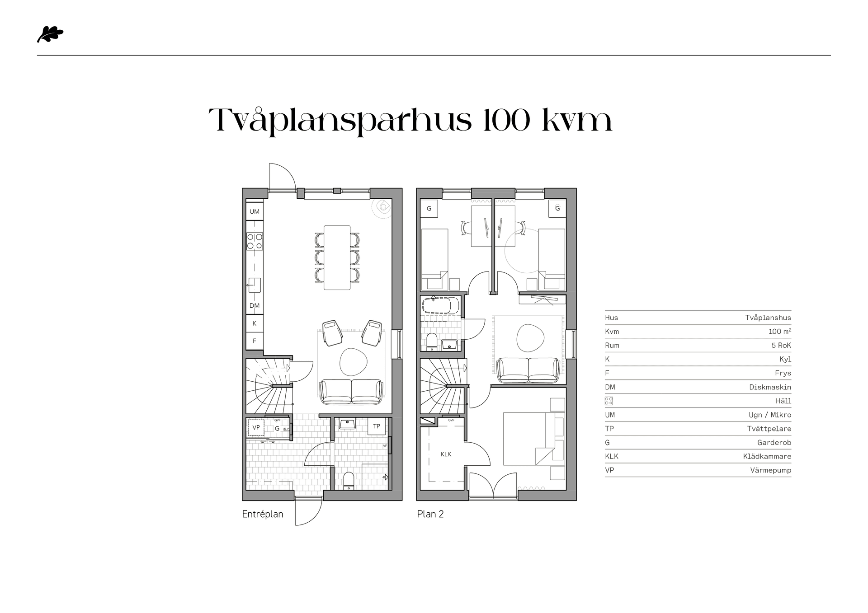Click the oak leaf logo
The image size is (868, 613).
pyautogui.click(x=50, y=35)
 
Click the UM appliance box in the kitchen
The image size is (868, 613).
pyautogui.click(x=255, y=211)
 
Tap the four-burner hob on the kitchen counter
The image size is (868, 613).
pyautogui.click(x=255, y=241)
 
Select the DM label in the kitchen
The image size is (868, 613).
pyautogui.click(x=255, y=306)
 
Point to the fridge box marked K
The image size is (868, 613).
pyautogui.click(x=255, y=323)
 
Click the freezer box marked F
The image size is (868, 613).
pyautogui.click(x=255, y=341)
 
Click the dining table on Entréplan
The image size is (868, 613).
pyautogui.click(x=337, y=257)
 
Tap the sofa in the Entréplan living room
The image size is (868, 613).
pyautogui.click(x=351, y=392)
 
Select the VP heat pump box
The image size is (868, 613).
pyautogui.click(x=256, y=427)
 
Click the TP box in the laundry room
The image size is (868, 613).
pyautogui.click(x=377, y=426)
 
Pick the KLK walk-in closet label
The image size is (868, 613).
pyautogui.click(x=446, y=454)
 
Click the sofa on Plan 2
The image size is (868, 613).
pyautogui.click(x=528, y=370)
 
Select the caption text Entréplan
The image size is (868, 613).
pyautogui.click(x=263, y=514)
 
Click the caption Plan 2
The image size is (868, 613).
pyautogui.click(x=430, y=514)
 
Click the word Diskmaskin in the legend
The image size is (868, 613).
pyautogui.click(x=770, y=387)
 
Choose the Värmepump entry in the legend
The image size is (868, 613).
pyautogui.click(x=770, y=470)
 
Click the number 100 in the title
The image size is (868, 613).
pyautogui.click(x=506, y=121)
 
